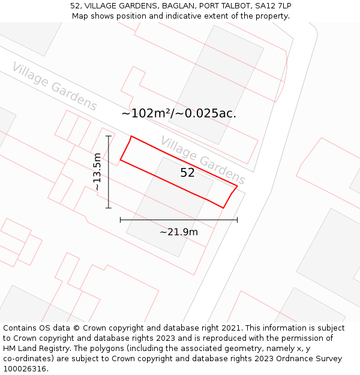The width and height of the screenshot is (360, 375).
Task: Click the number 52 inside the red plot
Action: tap(187, 173)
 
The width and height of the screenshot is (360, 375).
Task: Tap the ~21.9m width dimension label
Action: tap(179, 232)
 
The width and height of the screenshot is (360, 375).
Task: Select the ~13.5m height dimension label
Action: tap(97, 172)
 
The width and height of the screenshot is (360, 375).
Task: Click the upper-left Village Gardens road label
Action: tap(55, 87)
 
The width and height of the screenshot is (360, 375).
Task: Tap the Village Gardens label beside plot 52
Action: tap(203, 160)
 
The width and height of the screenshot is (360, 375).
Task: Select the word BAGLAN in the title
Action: tap(181, 5)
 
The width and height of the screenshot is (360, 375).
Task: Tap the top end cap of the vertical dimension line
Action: tap(109, 136)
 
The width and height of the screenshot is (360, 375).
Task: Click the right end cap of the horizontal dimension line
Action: tap(237, 220)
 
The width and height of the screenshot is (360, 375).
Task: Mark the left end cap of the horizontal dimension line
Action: tap(121, 220)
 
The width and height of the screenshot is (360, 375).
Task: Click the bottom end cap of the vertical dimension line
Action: tap(109, 208)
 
